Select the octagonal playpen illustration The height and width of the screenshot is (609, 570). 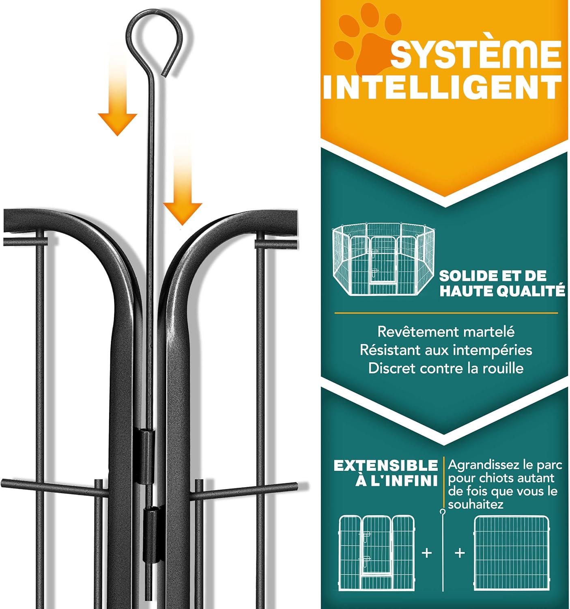383,259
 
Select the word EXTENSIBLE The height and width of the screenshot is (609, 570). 386,465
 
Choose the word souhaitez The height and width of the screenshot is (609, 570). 475,505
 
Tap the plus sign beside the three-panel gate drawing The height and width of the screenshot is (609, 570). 426,553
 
